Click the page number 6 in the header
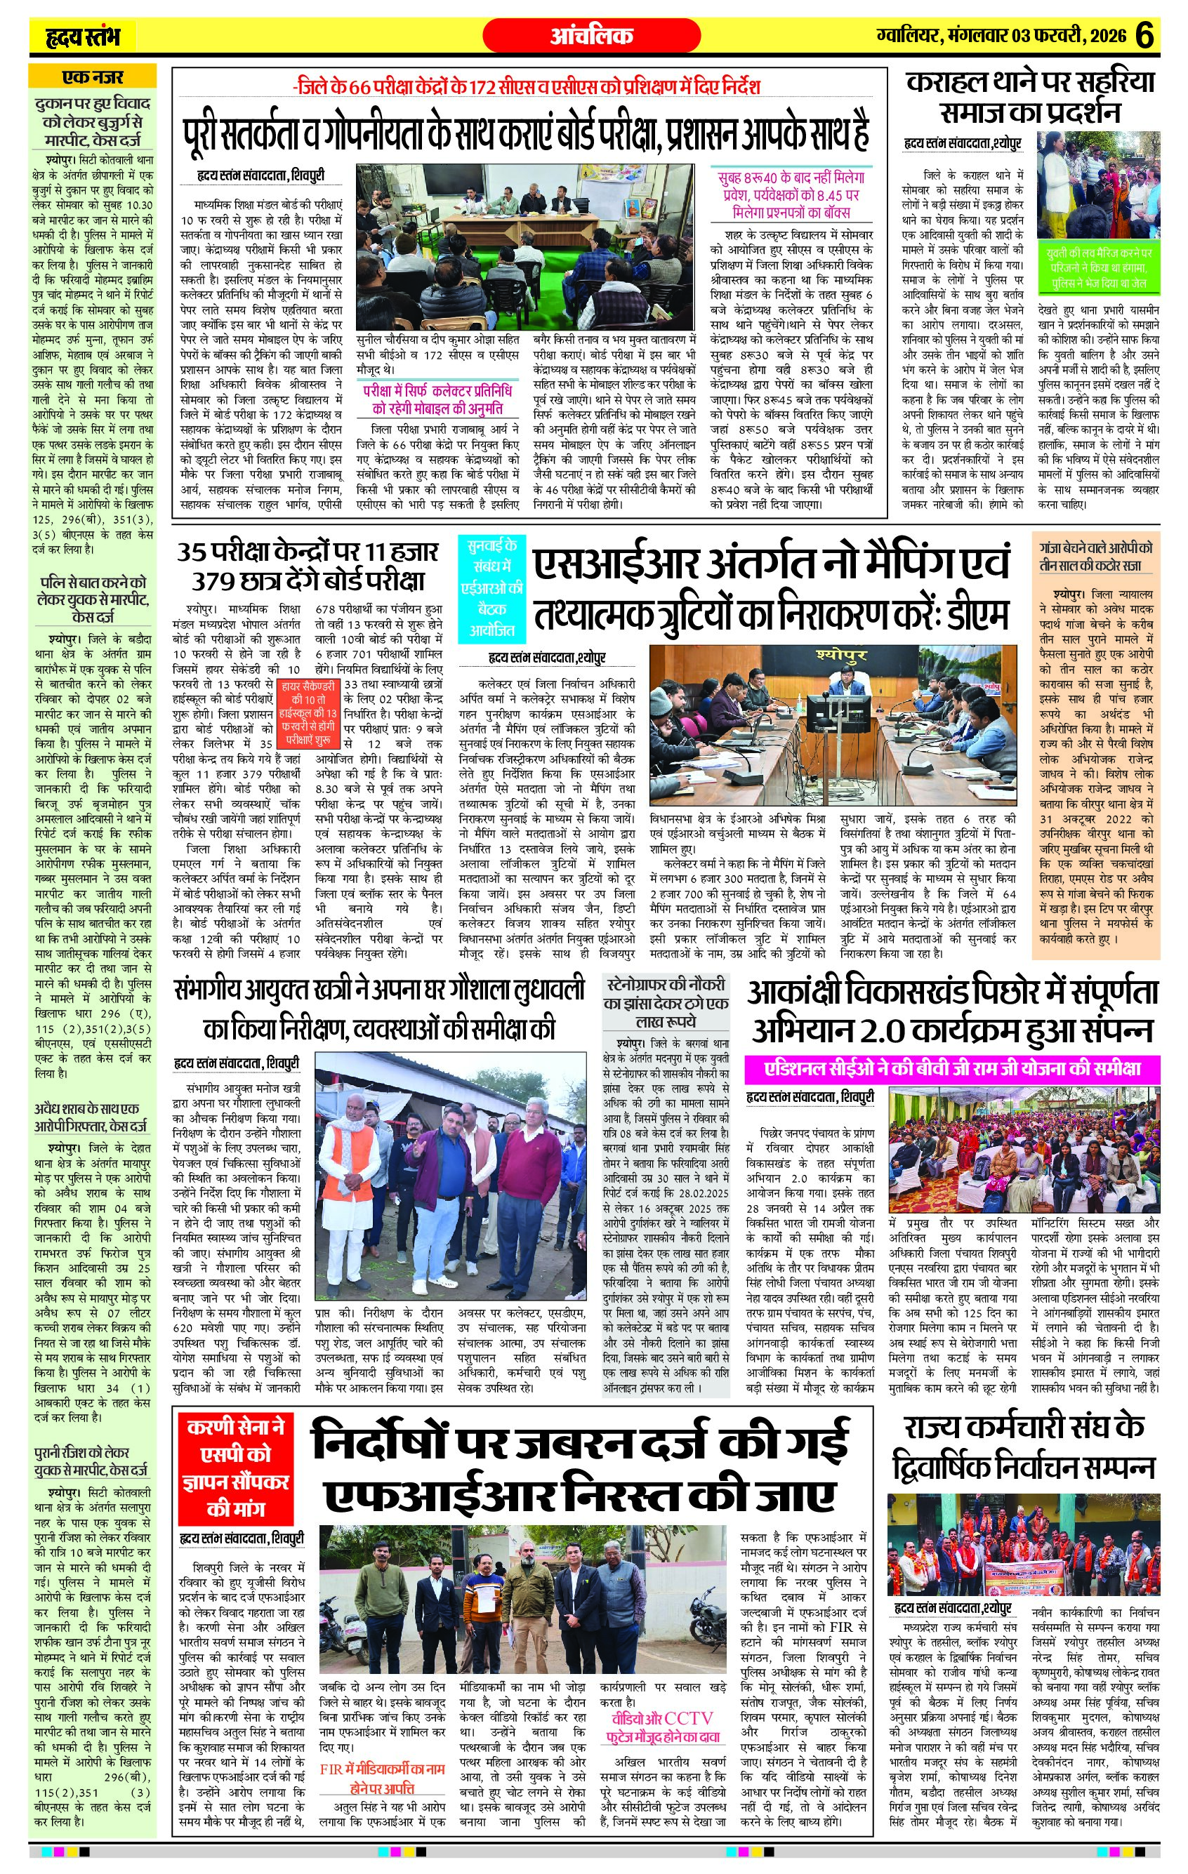point(1144,36)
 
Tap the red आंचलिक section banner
point(591,36)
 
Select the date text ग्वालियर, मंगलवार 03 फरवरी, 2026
point(1001,36)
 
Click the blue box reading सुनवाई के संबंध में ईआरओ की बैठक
point(492,587)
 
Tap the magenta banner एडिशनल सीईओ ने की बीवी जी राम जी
point(952,1068)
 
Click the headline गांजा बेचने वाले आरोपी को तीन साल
point(1095,557)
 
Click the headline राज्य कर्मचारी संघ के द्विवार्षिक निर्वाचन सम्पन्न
point(1023,1448)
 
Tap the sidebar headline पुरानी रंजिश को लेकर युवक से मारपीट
point(92,1461)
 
